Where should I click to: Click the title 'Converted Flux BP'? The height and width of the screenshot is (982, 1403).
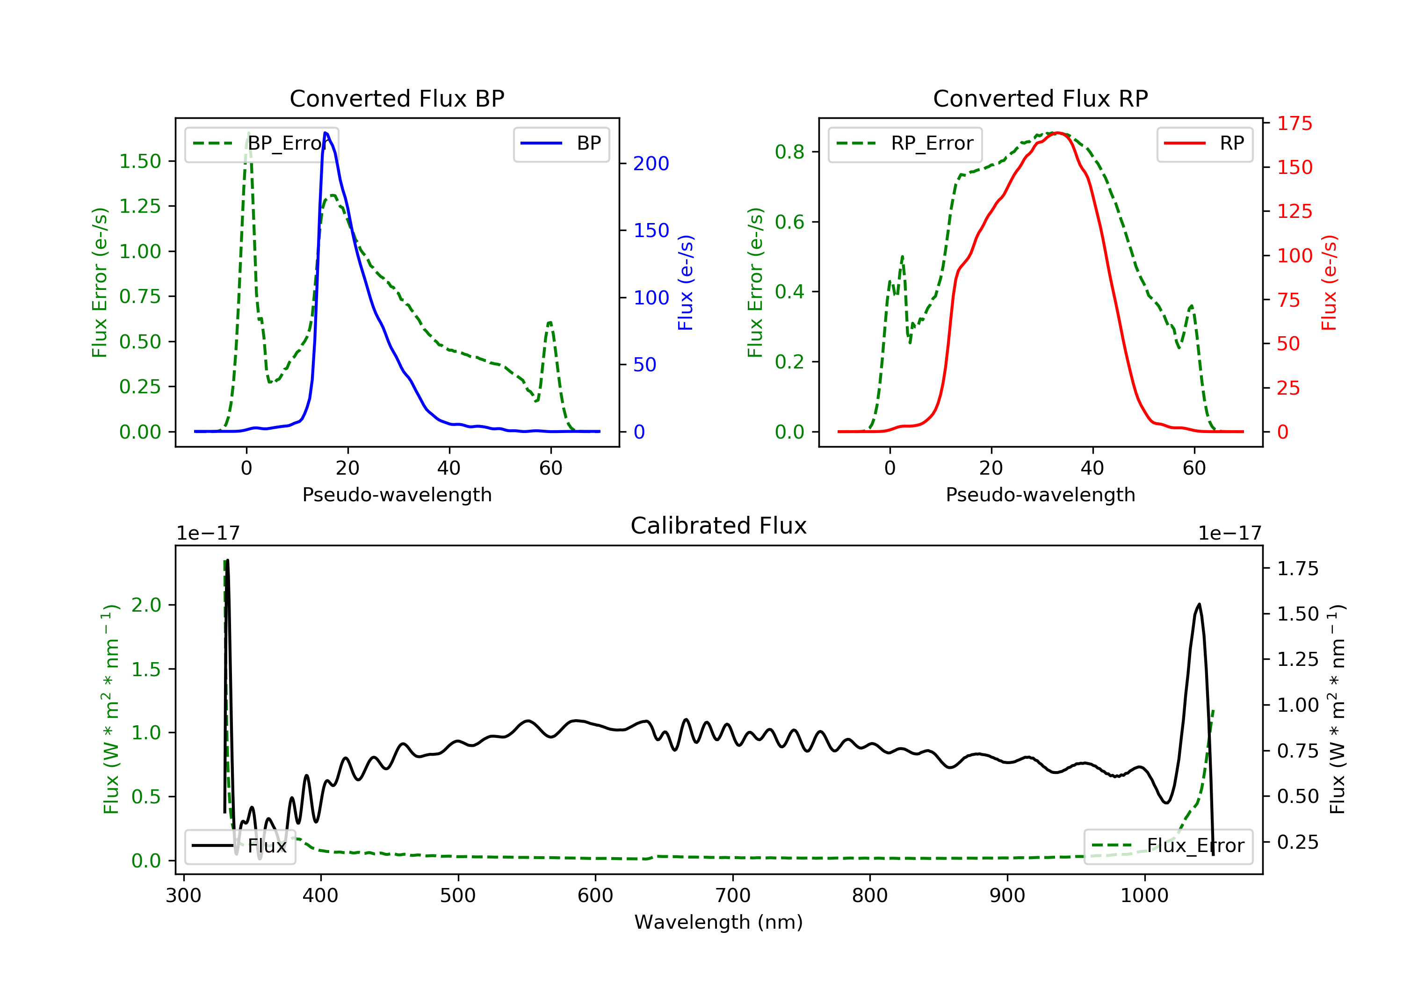tap(397, 98)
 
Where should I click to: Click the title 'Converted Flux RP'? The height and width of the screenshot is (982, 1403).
tap(1040, 98)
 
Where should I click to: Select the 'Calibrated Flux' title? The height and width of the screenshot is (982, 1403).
tap(719, 526)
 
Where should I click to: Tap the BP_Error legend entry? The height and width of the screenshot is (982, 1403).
tap(261, 144)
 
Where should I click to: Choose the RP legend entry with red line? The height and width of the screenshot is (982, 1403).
tap(1204, 144)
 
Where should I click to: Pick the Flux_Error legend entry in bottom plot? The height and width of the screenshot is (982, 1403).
tap(1168, 846)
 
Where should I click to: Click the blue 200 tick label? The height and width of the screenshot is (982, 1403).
tap(651, 163)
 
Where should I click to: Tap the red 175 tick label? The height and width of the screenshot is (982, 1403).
tap(1295, 123)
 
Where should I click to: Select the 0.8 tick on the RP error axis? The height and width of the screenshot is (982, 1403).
tap(789, 152)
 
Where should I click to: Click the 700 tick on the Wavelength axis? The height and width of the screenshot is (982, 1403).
tap(733, 896)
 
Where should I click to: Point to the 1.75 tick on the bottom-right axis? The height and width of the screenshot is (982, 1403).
tap(1298, 569)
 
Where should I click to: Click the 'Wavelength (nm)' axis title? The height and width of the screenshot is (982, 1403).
tap(719, 922)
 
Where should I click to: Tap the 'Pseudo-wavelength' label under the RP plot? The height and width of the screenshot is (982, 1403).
tap(1040, 494)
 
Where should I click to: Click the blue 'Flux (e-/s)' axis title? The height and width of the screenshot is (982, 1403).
tap(686, 282)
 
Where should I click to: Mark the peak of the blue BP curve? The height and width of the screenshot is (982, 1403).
tap(325, 133)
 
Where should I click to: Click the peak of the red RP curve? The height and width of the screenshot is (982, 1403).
tap(1058, 133)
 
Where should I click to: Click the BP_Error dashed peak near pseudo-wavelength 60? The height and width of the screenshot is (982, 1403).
tap(550, 322)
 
